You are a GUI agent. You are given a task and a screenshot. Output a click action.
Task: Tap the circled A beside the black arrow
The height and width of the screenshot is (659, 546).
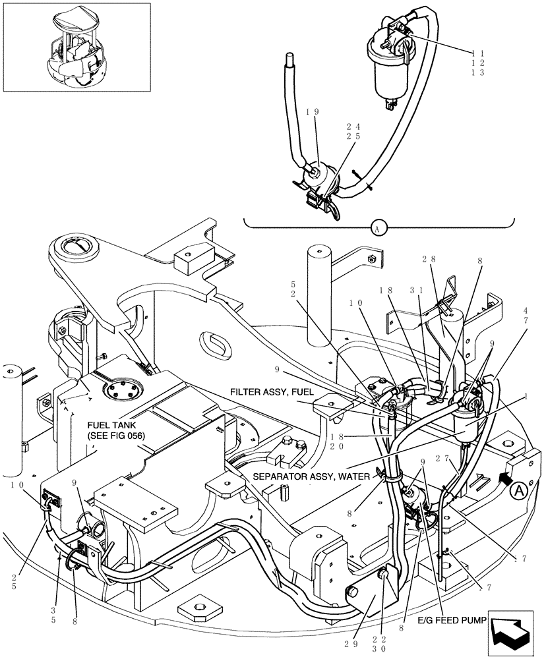[519, 490]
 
